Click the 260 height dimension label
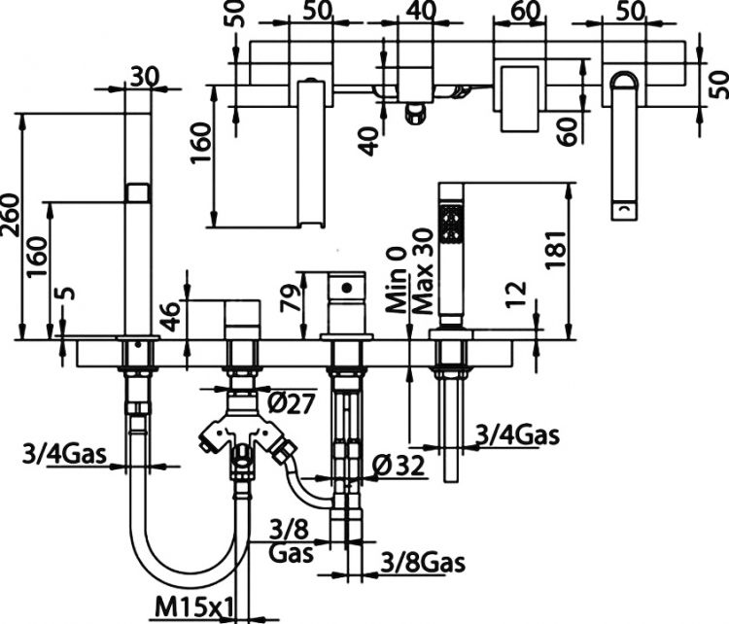pos(11,215)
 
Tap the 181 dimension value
pos(556,249)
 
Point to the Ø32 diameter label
pos(399,466)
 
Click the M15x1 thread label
pos(193,607)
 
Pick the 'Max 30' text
pos(423,271)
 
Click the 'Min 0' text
pos(397,280)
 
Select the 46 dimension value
pos(171,317)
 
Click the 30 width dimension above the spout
pos(145,77)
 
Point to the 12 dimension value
pos(516,294)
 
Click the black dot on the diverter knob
pos(346,289)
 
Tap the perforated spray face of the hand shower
pos(452,224)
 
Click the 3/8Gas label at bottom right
pos(423,563)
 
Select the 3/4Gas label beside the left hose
pos(64,454)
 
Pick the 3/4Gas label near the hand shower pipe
pos(517,435)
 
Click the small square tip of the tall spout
pos(138,192)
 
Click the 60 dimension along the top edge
pos(525,11)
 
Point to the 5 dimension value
pos(67,294)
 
